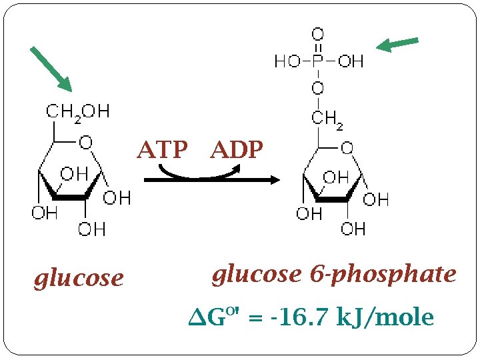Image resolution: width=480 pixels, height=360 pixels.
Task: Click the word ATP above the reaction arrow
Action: pyautogui.click(x=162, y=151)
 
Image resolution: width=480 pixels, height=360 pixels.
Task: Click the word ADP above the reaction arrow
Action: pyautogui.click(x=237, y=151)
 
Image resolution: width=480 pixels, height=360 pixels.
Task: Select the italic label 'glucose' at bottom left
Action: pyautogui.click(x=79, y=277)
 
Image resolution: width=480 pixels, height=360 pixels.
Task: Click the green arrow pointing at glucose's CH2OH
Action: pyautogui.click(x=51, y=68)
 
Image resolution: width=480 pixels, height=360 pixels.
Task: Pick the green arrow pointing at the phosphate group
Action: pyautogui.click(x=397, y=44)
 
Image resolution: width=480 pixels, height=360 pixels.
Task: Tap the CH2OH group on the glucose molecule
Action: pyautogui.click(x=78, y=111)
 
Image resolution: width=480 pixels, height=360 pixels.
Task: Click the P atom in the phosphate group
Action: pyautogui.click(x=318, y=61)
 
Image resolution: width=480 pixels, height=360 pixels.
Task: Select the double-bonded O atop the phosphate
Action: pyautogui.click(x=318, y=33)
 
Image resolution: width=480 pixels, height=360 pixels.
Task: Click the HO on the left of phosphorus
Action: pyautogui.click(x=287, y=61)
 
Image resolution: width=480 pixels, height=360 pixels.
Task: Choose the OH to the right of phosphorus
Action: pyautogui.click(x=350, y=61)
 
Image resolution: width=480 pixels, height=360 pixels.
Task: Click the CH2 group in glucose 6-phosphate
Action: pyautogui.click(x=328, y=120)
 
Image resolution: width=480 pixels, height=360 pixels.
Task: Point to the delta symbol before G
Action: pyautogui.click(x=198, y=319)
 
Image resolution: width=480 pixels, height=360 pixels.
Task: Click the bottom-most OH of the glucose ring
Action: pyautogui.click(x=92, y=230)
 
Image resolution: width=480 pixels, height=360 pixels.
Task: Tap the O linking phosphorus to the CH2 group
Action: pyautogui.click(x=318, y=88)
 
